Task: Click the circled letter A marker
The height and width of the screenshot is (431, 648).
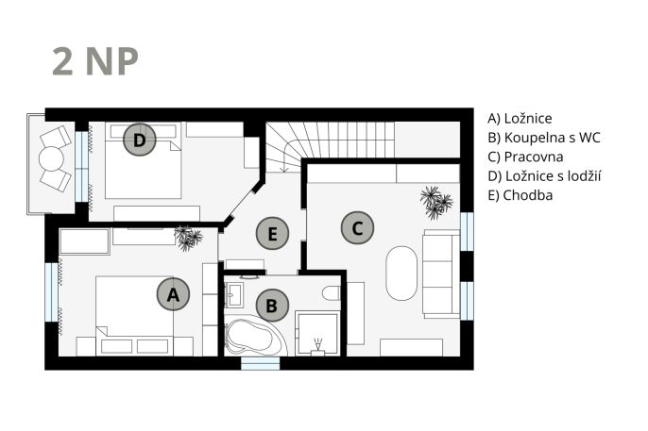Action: (x=173, y=294)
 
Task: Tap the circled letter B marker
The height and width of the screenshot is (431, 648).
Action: (x=272, y=306)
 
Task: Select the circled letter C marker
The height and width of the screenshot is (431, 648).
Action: (x=357, y=227)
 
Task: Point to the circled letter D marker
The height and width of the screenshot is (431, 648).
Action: (x=140, y=140)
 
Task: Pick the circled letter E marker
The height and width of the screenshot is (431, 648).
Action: (x=272, y=234)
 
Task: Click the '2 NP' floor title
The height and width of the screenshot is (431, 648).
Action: (x=95, y=61)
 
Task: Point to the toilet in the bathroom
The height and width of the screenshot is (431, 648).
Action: (x=331, y=292)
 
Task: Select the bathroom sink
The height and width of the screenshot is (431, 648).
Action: (x=234, y=294)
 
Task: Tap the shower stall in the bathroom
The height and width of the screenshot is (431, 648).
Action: (x=317, y=333)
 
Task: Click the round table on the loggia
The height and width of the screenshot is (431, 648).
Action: (x=51, y=158)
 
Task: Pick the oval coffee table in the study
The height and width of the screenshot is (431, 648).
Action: (x=401, y=274)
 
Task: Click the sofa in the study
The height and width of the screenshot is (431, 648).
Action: (x=441, y=274)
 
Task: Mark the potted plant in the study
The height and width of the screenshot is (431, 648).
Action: (x=436, y=203)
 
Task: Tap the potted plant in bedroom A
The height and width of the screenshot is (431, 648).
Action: (x=188, y=238)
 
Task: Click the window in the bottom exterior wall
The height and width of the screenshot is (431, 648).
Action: (x=261, y=363)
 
